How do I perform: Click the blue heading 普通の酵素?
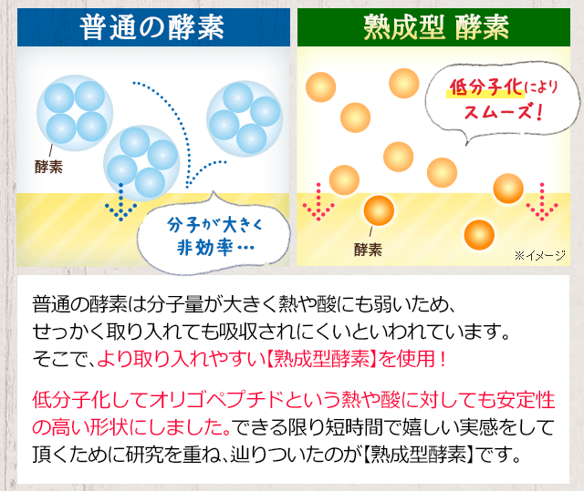coord(151,27)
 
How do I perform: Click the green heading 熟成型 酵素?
coord(436,27)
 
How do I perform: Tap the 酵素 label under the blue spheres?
coord(48,167)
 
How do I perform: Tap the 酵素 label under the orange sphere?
coord(368,250)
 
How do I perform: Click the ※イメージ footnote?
coord(540,255)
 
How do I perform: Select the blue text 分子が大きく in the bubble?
coord(215,224)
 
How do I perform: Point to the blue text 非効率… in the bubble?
coord(215,247)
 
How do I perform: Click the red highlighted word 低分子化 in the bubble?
coord(485,87)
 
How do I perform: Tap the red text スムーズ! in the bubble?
coord(503,111)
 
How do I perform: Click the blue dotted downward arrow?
coord(120,202)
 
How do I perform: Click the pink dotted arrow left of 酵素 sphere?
coord(318,201)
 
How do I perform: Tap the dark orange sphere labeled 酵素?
coord(379,210)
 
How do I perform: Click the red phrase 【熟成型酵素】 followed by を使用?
coord(321,359)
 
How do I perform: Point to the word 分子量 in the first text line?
coord(175,304)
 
